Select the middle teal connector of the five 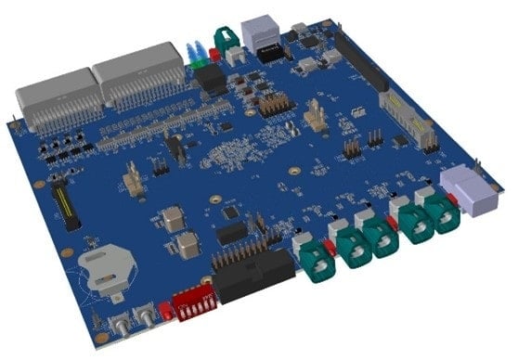(x=382, y=236)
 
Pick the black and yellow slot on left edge (x=63, y=207)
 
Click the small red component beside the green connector (x=214, y=55)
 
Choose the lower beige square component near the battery (x=187, y=246)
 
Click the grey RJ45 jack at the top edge (x=257, y=32)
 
